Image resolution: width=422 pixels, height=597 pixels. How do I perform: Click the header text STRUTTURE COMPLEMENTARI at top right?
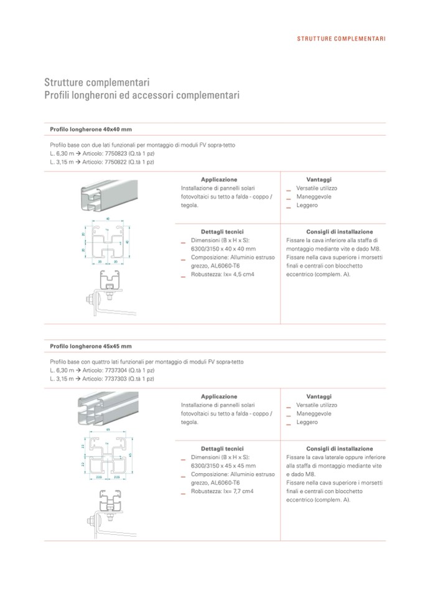(340, 39)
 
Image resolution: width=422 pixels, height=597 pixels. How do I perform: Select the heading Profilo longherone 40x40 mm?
(91, 129)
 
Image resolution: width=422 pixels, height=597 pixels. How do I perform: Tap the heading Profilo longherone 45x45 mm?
(91, 346)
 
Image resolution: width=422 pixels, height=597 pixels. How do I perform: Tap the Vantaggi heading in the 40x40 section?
(319, 179)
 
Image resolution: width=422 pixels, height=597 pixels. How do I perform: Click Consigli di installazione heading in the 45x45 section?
(340, 448)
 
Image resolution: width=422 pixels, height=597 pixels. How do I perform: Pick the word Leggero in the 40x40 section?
(307, 205)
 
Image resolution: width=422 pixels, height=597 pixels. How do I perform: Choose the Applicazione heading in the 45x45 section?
(219, 396)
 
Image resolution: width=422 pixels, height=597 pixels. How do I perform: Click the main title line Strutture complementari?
(96, 83)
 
